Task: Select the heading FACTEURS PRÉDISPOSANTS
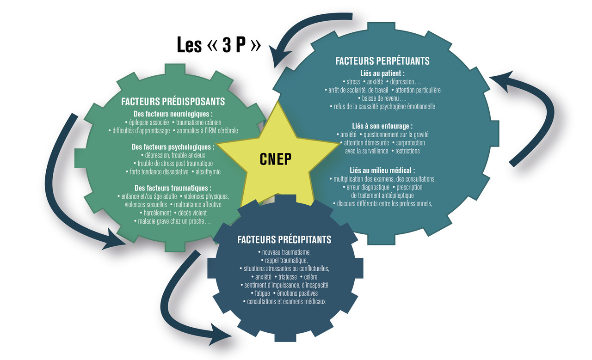coord(173,101)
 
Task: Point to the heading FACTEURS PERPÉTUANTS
coord(382,61)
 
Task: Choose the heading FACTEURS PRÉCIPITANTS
coord(284,239)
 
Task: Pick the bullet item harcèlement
coord(156,213)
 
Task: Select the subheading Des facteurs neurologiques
coord(173,114)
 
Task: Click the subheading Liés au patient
coord(382,73)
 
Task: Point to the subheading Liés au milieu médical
coord(382,170)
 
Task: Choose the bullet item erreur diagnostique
coord(368,187)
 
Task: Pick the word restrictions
coord(407,151)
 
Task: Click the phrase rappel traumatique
coord(287,260)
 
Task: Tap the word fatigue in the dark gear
coord(262,293)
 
